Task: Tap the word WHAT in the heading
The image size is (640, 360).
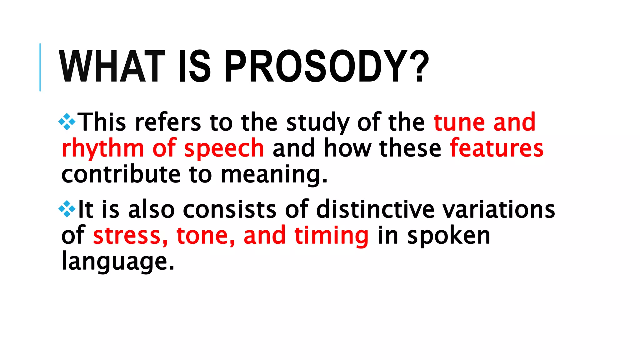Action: click(112, 67)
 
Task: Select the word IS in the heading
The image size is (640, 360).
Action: click(194, 67)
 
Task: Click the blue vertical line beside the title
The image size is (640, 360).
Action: click(40, 67)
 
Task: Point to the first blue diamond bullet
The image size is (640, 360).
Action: click(67, 122)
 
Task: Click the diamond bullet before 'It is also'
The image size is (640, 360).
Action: click(67, 209)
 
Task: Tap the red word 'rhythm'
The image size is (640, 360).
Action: click(103, 149)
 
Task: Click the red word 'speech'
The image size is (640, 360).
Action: click(224, 149)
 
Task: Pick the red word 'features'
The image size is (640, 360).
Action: click(497, 148)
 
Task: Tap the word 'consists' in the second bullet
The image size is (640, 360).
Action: click(229, 209)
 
